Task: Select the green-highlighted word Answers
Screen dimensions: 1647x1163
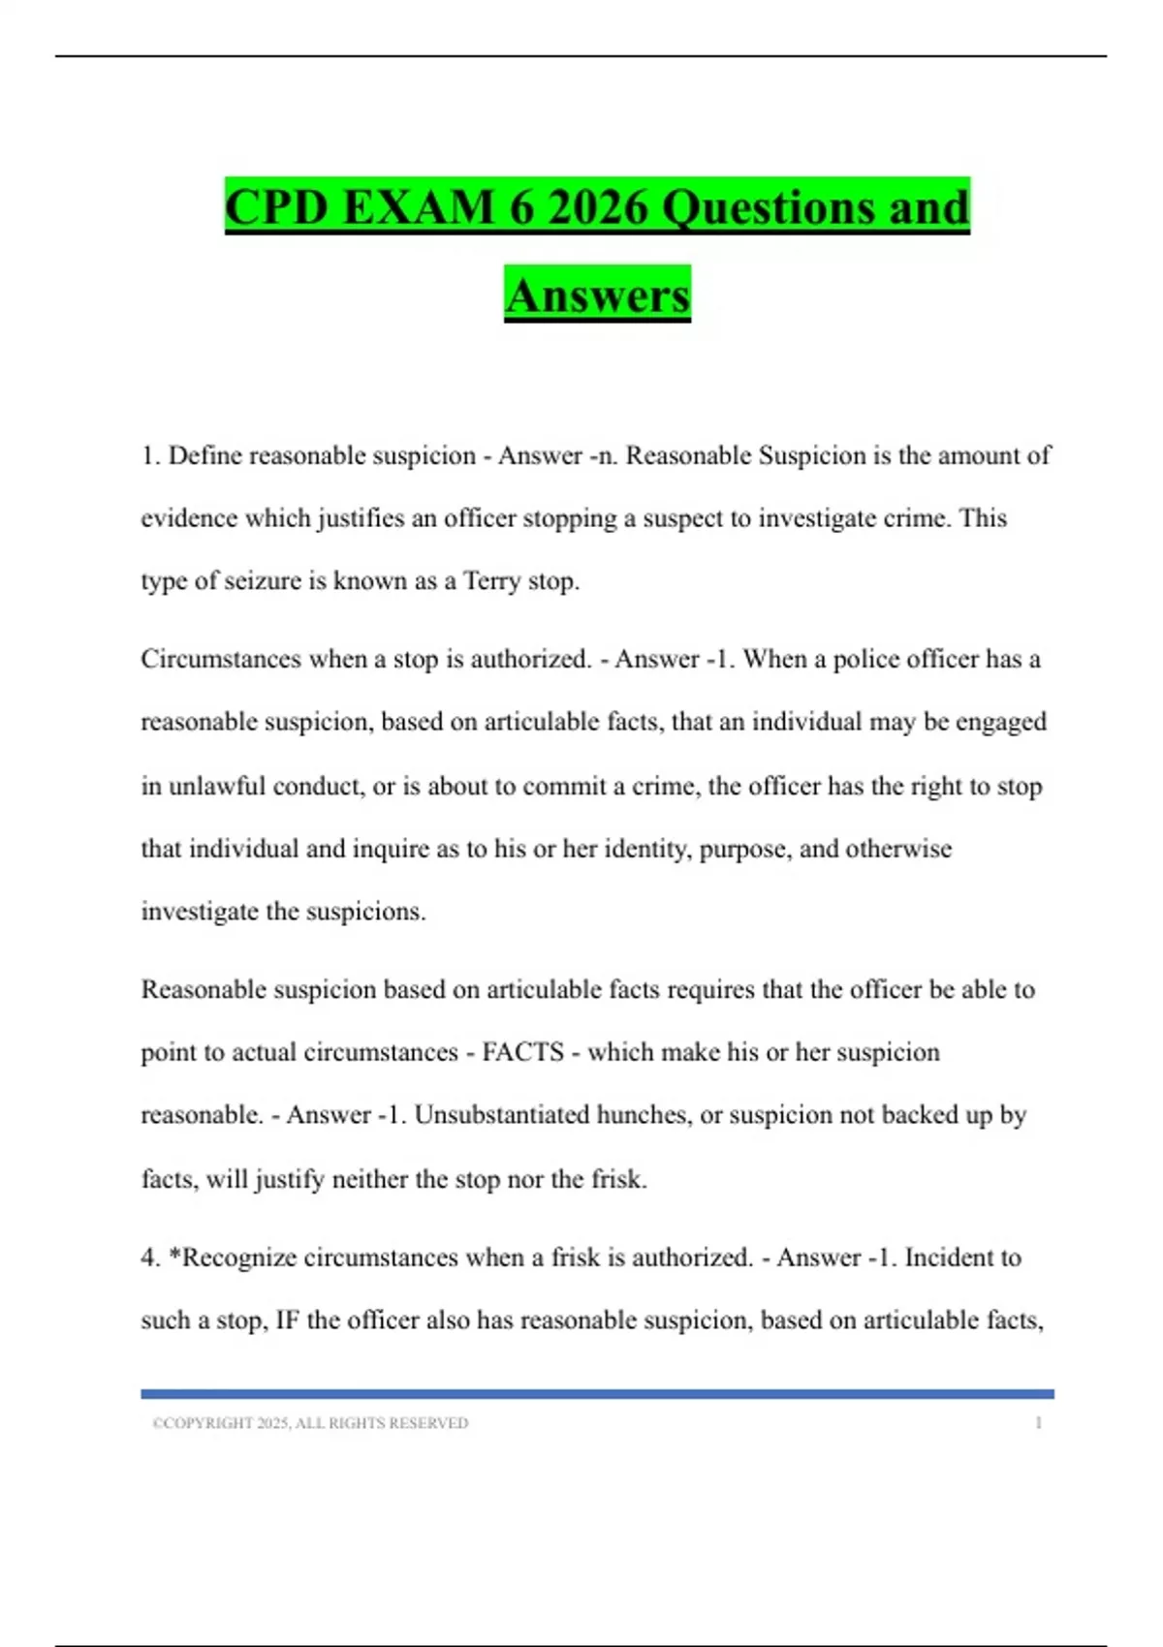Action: [597, 295]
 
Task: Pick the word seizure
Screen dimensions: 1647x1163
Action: [263, 581]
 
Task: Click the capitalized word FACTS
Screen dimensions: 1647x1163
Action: [522, 1052]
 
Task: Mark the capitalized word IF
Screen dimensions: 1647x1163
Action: [287, 1321]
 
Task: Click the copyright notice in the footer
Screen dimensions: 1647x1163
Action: [310, 1423]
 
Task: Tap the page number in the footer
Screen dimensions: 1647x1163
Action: [1038, 1423]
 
